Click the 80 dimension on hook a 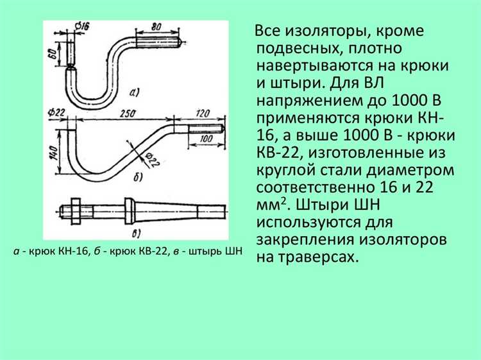156,27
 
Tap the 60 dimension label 53,54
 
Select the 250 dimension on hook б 128,114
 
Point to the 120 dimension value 202,113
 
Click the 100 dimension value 206,139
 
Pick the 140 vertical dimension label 54,153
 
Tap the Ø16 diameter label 82,26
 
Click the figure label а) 135,92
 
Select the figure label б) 138,177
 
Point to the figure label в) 136,234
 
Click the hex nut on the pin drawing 76,211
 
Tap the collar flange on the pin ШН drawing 129,211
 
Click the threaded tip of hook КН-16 157,42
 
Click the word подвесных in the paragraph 298,49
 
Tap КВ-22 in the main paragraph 278,153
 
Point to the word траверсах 319,257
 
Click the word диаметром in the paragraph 410,170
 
